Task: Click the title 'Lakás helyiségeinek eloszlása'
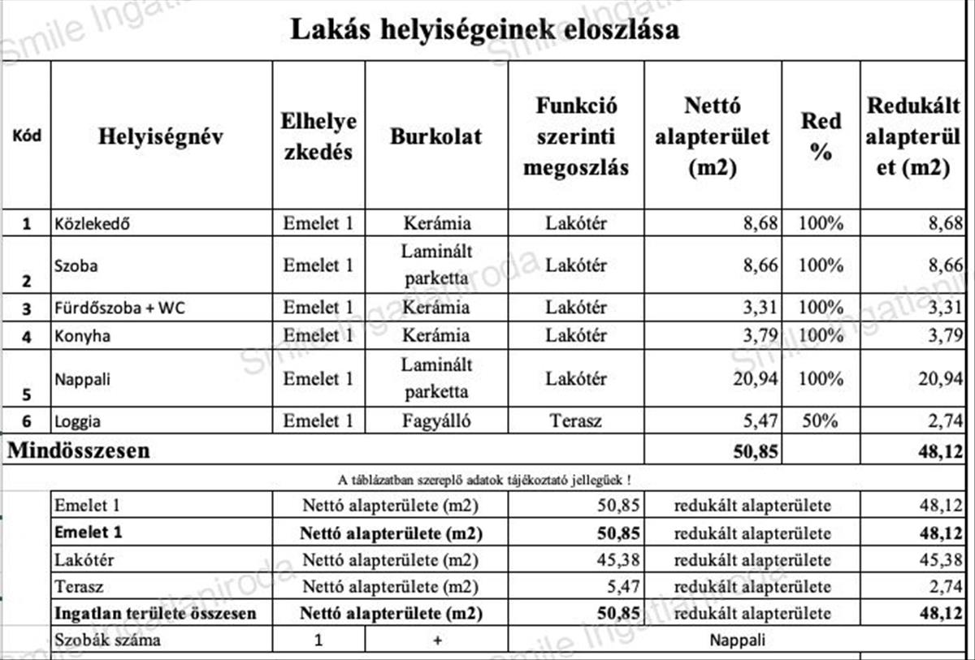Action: tap(485, 31)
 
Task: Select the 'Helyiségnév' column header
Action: tap(161, 136)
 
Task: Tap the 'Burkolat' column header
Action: tap(435, 136)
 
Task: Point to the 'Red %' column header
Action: tap(821, 136)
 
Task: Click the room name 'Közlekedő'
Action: tap(92, 223)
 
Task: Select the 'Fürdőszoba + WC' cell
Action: tap(119, 308)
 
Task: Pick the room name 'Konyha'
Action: tap(82, 335)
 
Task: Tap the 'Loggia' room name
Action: tap(78, 421)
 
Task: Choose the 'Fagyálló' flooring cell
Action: tap(435, 421)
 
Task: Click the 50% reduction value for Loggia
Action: tap(820, 421)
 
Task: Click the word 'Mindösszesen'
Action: tap(79, 451)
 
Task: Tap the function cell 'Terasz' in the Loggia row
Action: tap(575, 421)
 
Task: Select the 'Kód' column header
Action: tap(27, 136)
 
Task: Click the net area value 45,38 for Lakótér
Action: tap(617, 559)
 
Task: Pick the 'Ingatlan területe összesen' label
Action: tap(155, 613)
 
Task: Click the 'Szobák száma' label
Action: tap(107, 640)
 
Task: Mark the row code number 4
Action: tap(27, 336)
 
